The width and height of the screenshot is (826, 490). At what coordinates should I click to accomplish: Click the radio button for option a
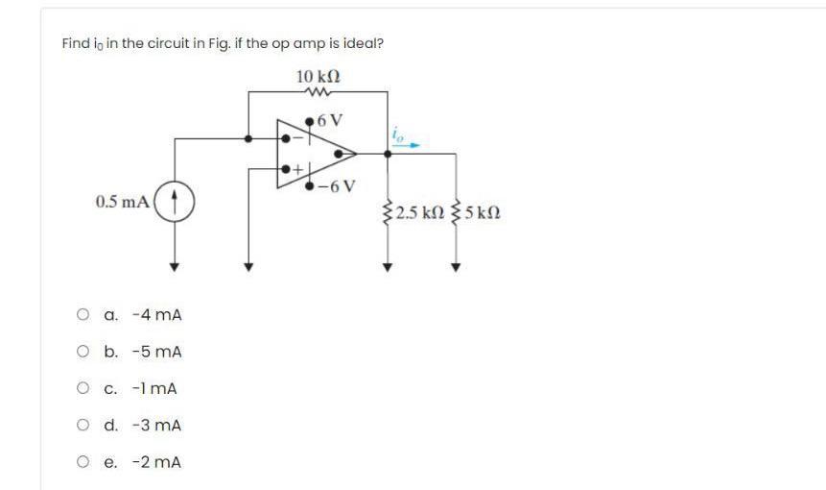pos(84,314)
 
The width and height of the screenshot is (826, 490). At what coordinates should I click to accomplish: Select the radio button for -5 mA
pos(84,352)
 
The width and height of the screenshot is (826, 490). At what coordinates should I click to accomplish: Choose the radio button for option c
pos(84,388)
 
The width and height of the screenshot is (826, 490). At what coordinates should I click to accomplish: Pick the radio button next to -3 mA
pos(84,425)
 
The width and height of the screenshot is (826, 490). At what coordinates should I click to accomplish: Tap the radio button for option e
pos(84,462)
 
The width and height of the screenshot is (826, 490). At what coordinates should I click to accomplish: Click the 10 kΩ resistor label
pos(319,76)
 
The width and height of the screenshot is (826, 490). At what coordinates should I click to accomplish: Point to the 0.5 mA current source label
pos(122,202)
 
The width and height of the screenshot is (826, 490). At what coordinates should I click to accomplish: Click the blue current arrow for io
pos(407,146)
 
